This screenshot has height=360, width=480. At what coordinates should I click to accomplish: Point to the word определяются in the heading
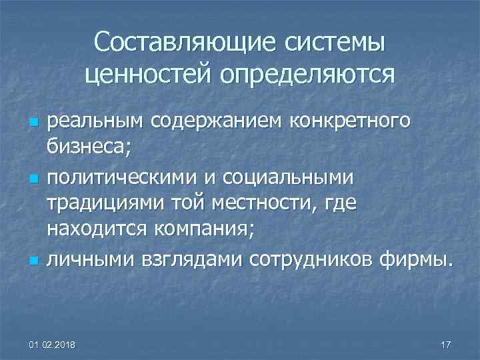tap(303, 74)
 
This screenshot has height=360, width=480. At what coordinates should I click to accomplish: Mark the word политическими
tap(120, 177)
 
